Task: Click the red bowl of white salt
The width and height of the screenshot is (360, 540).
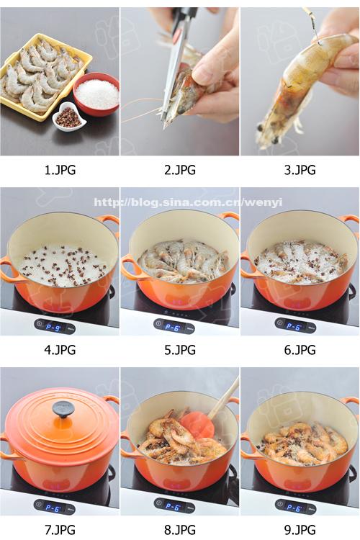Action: click(96, 94)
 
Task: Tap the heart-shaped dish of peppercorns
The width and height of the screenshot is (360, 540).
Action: click(69, 117)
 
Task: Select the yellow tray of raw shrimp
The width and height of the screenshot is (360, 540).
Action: click(45, 76)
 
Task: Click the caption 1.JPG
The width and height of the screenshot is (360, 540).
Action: click(60, 170)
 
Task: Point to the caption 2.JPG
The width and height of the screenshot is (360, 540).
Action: click(180, 170)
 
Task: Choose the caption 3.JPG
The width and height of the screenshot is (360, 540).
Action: click(300, 170)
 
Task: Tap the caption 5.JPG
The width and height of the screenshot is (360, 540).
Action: click(180, 350)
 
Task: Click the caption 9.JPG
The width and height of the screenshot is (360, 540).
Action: click(300, 530)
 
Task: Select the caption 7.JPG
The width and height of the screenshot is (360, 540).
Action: click(60, 530)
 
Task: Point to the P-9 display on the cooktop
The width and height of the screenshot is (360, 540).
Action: click(54, 326)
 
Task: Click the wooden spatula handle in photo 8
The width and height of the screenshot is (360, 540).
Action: click(224, 397)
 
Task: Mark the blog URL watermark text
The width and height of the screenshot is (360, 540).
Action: click(188, 202)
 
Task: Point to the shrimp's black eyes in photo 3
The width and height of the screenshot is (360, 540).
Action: click(268, 134)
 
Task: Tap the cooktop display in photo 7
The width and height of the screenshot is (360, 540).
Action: click(54, 507)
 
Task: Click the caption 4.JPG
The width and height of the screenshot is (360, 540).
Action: click(60, 350)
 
